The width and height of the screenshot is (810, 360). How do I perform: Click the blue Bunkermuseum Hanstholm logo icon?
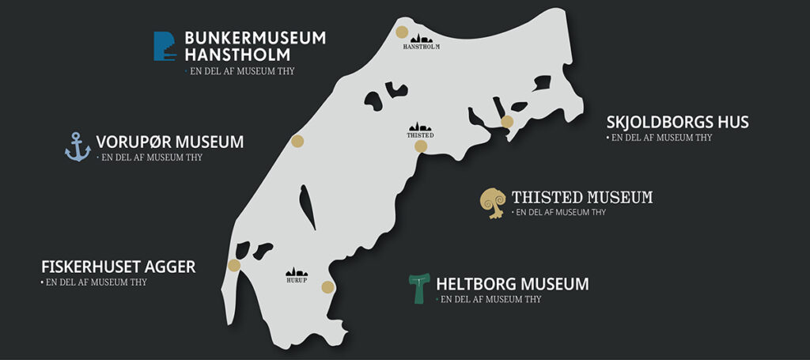click(164, 46)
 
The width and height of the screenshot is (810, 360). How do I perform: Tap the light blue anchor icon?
click(78, 147)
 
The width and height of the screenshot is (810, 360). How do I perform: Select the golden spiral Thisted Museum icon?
click(494, 203)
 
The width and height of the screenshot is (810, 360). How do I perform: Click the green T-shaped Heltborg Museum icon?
click(418, 288)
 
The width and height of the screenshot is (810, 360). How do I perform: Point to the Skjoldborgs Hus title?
click(677, 123)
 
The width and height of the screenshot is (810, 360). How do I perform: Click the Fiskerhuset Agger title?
click(118, 267)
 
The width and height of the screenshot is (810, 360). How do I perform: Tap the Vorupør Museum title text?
click(169, 142)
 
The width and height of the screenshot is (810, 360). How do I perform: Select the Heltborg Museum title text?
click(512, 283)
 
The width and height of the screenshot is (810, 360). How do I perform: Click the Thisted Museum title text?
click(581, 197)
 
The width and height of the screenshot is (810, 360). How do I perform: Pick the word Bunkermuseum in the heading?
click(255, 38)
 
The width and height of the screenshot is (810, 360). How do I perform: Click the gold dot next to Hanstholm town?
click(402, 32)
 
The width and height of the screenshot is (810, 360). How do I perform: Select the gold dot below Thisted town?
click(421, 146)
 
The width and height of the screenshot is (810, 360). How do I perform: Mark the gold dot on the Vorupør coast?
click(297, 142)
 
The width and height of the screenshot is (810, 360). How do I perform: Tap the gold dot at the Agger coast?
click(234, 265)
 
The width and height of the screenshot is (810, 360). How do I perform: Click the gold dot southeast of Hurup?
click(327, 286)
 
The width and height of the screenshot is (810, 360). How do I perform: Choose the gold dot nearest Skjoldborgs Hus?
click(507, 122)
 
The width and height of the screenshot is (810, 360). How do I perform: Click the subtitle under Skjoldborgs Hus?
click(660, 138)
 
